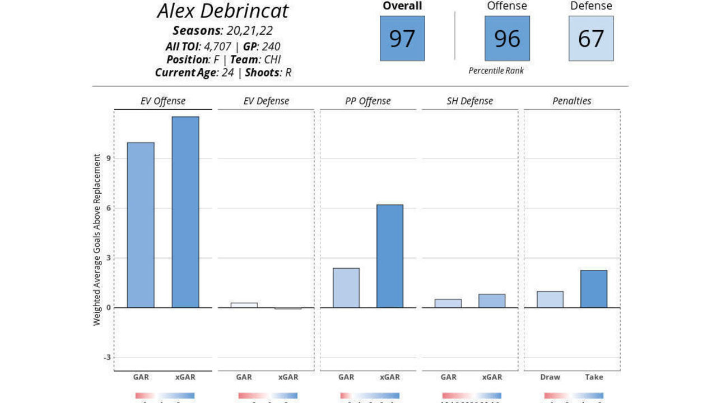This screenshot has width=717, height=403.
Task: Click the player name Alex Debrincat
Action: click(x=223, y=11)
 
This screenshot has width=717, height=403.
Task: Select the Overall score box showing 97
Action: click(x=402, y=38)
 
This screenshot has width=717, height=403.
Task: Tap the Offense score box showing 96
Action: click(x=507, y=38)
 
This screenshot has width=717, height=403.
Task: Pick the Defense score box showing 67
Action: click(x=591, y=38)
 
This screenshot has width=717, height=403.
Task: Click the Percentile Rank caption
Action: click(x=496, y=71)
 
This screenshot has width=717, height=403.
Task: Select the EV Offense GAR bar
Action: click(x=141, y=225)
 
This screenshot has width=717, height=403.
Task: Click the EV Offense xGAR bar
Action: click(x=185, y=212)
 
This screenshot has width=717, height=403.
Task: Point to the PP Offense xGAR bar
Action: click(x=390, y=256)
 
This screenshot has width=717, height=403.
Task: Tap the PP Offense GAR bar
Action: click(x=346, y=288)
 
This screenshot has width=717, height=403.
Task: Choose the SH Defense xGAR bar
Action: click(x=492, y=301)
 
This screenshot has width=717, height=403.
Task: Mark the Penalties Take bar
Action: click(x=594, y=289)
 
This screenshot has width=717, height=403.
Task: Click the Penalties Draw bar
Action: click(x=550, y=299)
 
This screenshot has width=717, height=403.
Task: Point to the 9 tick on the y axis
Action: click(x=107, y=158)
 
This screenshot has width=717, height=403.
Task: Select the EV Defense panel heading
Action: click(x=266, y=101)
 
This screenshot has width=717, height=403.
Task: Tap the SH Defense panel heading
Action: click(x=469, y=101)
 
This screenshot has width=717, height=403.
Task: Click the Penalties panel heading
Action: click(x=572, y=101)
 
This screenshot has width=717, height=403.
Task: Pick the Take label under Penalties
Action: click(x=594, y=377)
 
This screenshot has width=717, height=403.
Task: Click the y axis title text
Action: click(x=97, y=240)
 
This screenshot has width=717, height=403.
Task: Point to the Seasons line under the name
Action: click(x=223, y=31)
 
